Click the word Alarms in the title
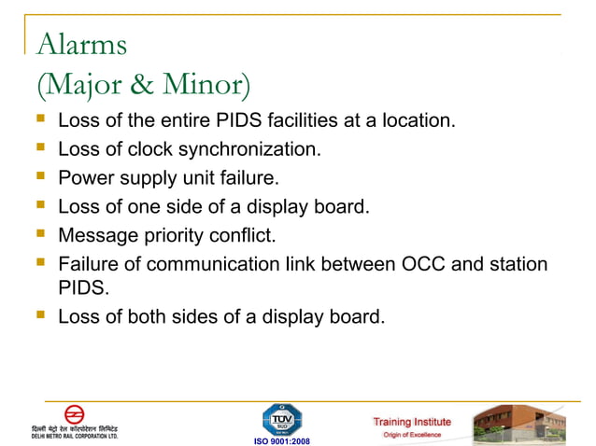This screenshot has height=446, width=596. (80, 44)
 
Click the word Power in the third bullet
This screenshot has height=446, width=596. (82, 177)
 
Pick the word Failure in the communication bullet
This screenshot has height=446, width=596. (86, 264)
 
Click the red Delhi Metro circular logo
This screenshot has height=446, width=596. (74, 413)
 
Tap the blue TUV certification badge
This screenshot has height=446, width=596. (281, 418)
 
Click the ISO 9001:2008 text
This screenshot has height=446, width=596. (281, 440)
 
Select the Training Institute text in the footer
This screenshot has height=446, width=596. (412, 422)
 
